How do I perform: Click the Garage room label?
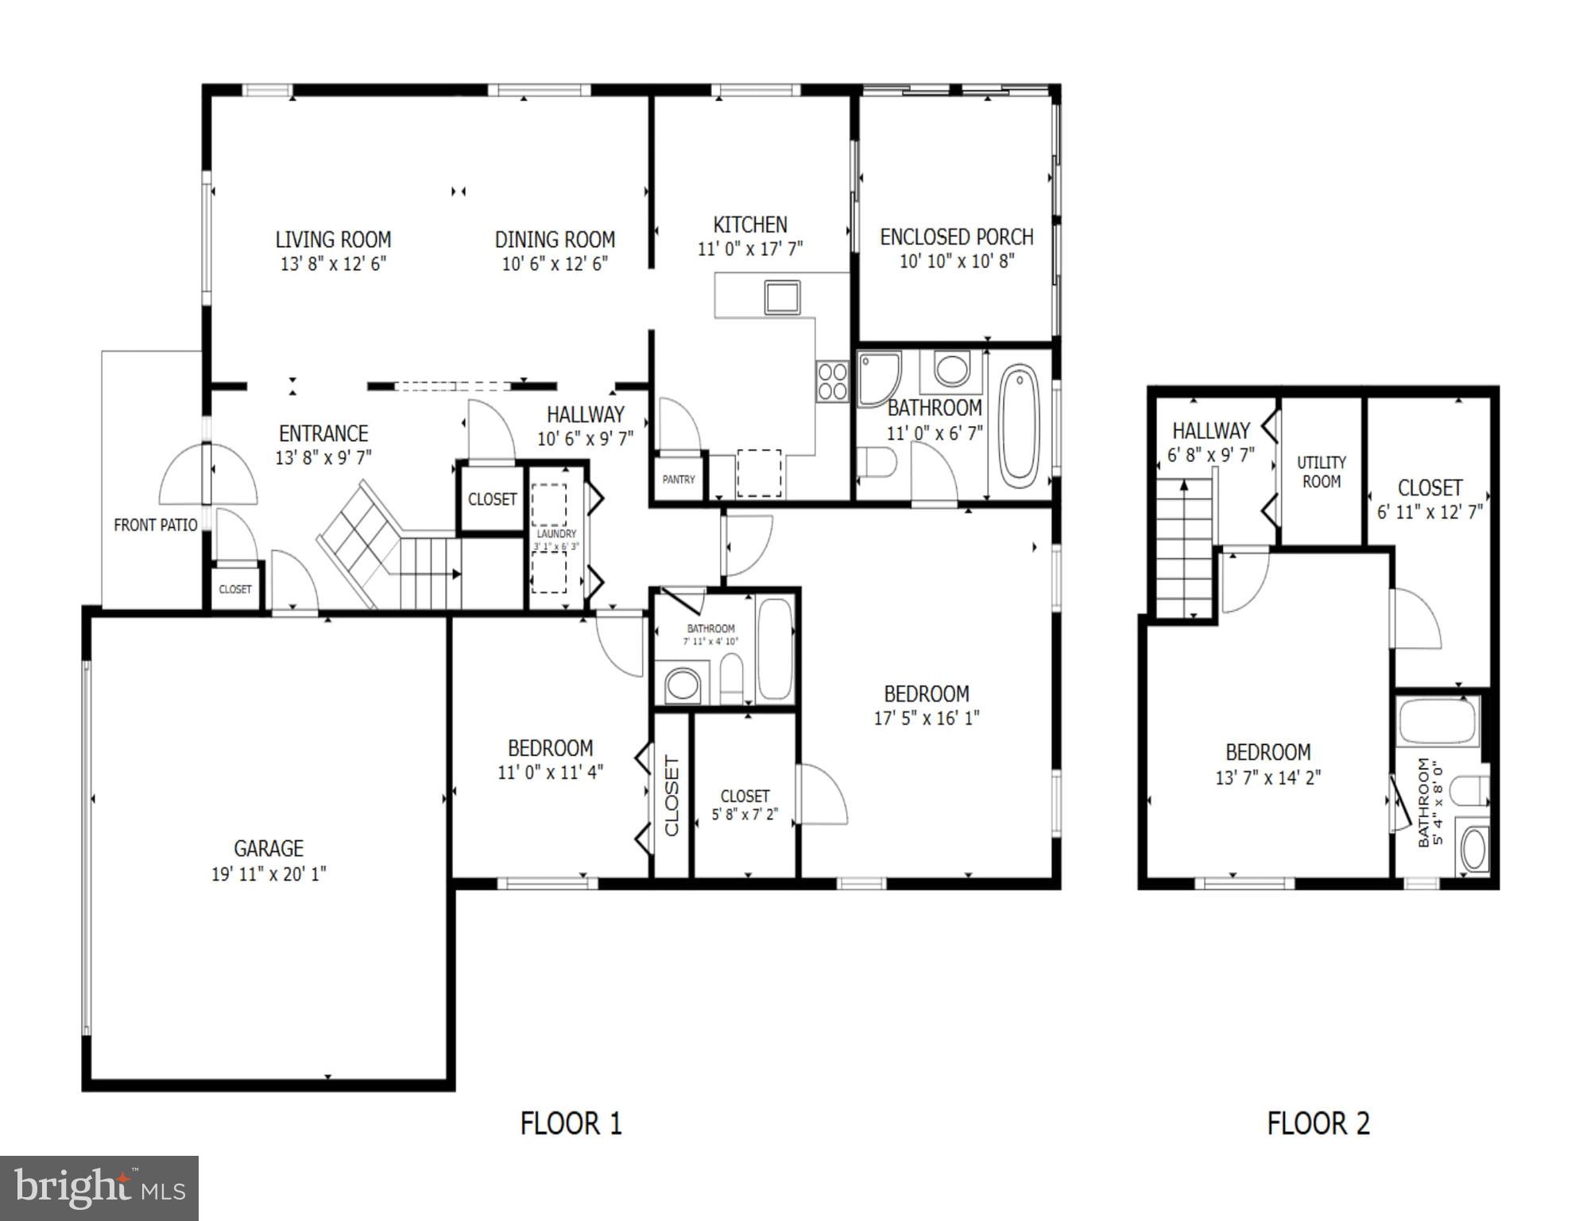tap(269, 848)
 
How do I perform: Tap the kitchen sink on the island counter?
tap(782, 297)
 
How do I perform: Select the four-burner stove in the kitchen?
tap(832, 382)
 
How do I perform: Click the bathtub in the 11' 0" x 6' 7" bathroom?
tap(1019, 425)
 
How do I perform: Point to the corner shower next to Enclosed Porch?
tap(879, 378)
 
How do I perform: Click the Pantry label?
tap(679, 479)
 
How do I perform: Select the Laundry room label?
tap(555, 534)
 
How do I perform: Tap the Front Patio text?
tap(155, 525)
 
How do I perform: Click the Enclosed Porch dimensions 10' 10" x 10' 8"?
tap(957, 261)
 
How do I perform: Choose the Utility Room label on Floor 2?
tap(1321, 471)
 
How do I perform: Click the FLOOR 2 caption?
tap(1318, 1123)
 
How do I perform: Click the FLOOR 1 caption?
tap(571, 1123)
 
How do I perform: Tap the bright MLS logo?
tap(99, 1188)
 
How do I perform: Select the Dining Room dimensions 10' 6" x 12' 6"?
tap(555, 264)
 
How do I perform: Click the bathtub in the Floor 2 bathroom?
tap(1437, 720)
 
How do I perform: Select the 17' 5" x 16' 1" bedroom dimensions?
tap(927, 718)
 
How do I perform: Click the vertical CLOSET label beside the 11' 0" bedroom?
tap(671, 796)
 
